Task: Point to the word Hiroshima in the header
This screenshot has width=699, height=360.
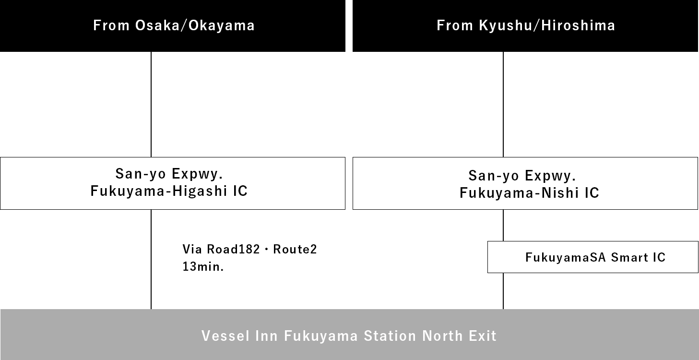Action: click(x=578, y=25)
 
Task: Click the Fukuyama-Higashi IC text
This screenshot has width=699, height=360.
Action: click(x=169, y=191)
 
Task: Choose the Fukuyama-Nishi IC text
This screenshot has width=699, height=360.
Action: click(x=529, y=193)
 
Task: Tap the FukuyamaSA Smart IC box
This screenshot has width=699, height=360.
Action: click(x=592, y=257)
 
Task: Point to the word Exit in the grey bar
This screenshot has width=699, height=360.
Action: click(x=483, y=336)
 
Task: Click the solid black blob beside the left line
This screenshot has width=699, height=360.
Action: click(x=249, y=258)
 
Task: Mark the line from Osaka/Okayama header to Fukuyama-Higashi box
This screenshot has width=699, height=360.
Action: click(x=151, y=104)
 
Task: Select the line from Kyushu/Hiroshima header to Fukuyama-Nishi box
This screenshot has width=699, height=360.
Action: click(x=503, y=104)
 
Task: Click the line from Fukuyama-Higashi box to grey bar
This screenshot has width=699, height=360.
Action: click(x=151, y=259)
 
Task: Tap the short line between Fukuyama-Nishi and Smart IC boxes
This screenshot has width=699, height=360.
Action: click(x=503, y=225)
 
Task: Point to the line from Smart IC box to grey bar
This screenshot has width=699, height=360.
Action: click(x=503, y=290)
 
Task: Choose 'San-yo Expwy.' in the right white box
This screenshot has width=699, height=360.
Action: click(x=522, y=176)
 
